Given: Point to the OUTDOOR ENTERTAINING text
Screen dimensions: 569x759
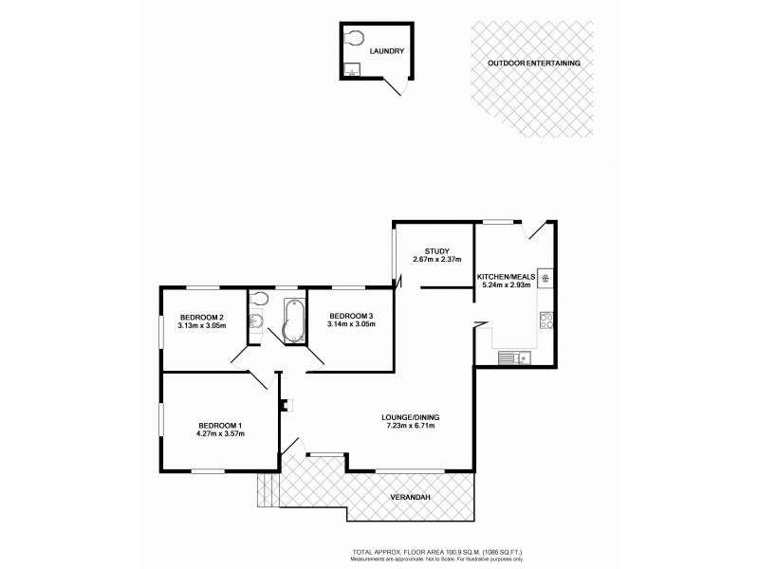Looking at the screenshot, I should point(534,63).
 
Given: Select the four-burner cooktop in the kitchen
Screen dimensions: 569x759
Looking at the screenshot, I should point(546,278).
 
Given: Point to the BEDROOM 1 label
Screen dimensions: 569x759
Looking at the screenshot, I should point(221,425).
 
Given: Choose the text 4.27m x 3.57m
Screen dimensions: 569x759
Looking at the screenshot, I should point(221,434).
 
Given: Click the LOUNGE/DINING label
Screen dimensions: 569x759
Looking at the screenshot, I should point(410,416).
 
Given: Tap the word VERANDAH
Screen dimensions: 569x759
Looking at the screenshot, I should point(410,498).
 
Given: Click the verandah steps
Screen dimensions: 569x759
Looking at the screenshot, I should point(266,488).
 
